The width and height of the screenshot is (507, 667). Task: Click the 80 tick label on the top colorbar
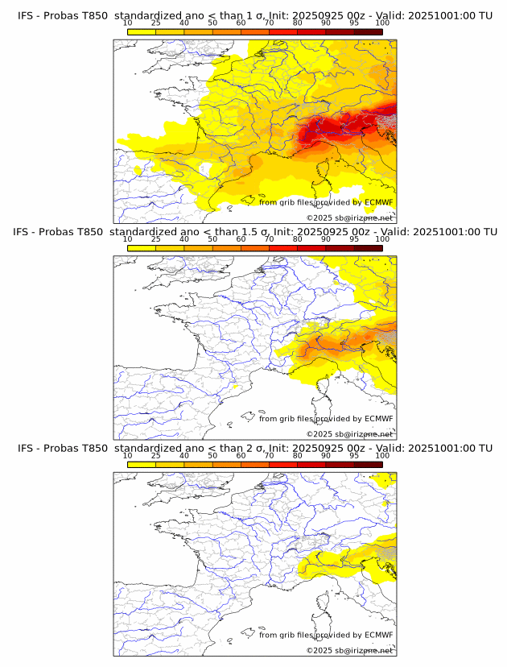click(298, 23)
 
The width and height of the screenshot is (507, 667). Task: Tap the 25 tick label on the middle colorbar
click(156, 239)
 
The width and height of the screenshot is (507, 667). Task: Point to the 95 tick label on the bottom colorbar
click(354, 455)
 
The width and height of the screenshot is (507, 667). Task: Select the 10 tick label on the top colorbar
click(128, 23)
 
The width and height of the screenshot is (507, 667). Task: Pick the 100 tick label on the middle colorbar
click(382, 239)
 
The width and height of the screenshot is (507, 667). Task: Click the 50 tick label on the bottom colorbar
click(212, 455)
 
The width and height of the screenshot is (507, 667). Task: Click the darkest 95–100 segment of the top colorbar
click(368, 31)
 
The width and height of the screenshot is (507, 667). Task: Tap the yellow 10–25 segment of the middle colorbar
click(142, 248)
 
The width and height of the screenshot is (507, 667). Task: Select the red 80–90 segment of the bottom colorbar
click(311, 464)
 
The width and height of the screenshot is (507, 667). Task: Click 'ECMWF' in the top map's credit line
click(379, 202)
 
